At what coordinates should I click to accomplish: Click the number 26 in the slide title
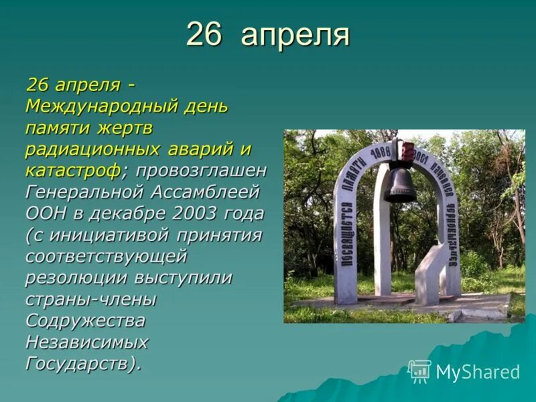point(204,34)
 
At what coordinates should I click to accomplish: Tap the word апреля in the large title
point(295,36)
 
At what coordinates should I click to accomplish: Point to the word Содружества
point(85,321)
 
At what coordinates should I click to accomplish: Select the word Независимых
point(87,342)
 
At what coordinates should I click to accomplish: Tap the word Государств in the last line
point(80,364)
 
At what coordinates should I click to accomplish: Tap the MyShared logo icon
point(419,371)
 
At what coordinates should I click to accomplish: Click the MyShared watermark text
point(478,373)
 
